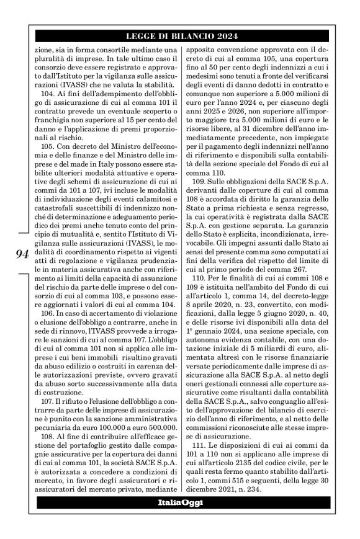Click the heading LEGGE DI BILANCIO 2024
[x=180, y=36]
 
